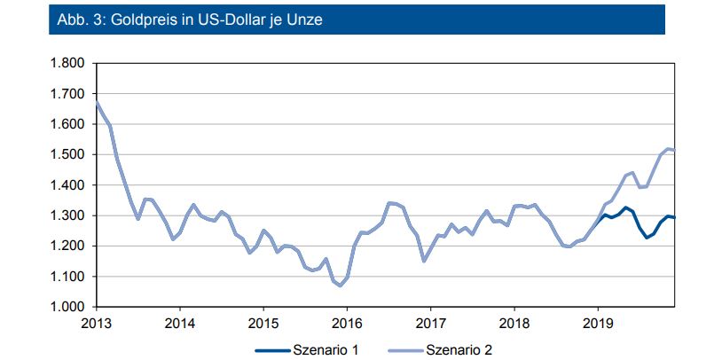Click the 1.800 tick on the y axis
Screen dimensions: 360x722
click(x=66, y=64)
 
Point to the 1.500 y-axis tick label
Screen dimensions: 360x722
click(x=66, y=155)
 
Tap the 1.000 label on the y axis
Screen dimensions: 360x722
click(x=66, y=307)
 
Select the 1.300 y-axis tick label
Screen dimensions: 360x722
click(x=66, y=215)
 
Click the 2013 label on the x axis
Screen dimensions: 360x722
click(x=96, y=322)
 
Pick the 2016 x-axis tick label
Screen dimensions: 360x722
click(x=347, y=322)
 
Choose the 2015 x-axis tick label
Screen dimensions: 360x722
click(x=263, y=322)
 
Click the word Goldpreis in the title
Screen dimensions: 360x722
click(x=139, y=20)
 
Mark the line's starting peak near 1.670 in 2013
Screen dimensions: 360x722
click(x=96, y=102)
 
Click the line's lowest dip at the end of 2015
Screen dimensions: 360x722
click(x=340, y=286)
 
